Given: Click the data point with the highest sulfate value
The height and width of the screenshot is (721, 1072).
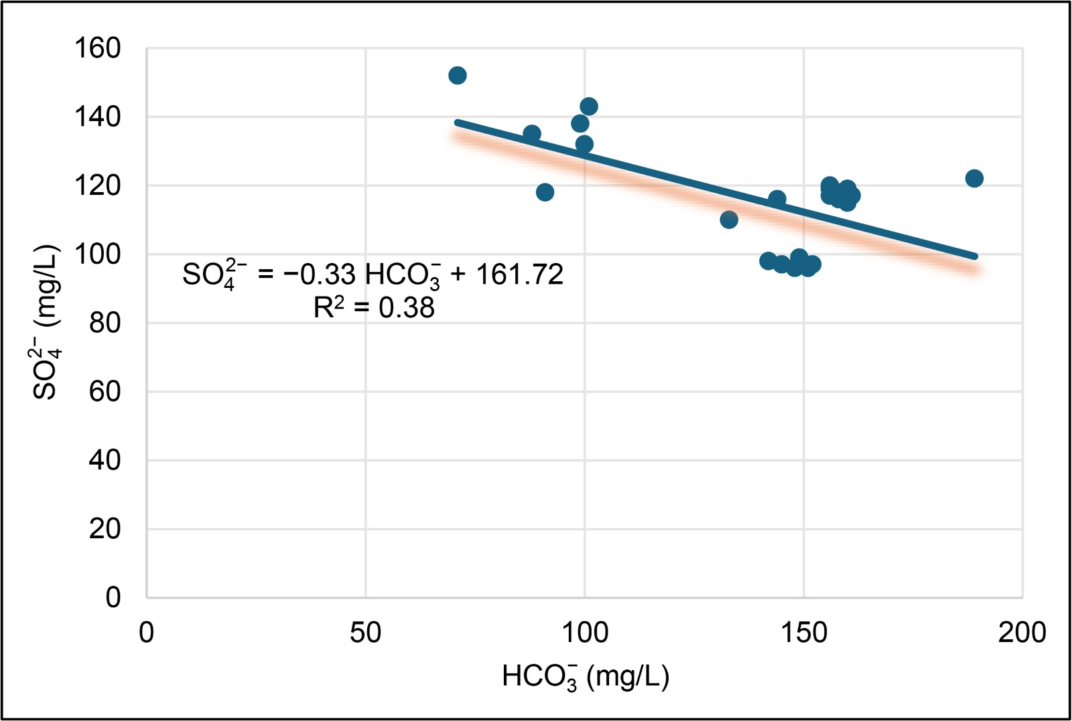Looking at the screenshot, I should (x=457, y=76).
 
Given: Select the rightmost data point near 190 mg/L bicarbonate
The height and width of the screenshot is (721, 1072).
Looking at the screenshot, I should (x=974, y=178).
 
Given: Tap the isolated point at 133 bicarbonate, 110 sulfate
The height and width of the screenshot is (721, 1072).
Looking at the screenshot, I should (x=729, y=220).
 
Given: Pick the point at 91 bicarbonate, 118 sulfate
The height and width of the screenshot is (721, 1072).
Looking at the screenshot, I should (x=545, y=192).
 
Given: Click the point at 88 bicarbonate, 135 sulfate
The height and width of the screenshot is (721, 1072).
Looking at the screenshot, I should (x=532, y=134).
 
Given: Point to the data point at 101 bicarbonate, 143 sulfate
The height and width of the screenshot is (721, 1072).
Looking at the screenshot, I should (x=589, y=106).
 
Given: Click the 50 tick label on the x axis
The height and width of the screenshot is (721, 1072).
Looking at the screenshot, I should (x=365, y=633).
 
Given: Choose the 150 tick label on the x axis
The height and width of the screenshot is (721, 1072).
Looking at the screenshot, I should (x=803, y=633).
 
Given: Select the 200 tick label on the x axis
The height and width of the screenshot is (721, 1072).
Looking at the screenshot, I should (x=1022, y=633).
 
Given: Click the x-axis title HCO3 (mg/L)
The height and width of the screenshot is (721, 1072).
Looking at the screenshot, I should (x=585, y=677).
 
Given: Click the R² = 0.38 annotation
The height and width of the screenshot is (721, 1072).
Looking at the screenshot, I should (x=374, y=308).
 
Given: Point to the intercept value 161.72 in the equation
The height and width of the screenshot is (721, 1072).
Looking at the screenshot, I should (x=519, y=274).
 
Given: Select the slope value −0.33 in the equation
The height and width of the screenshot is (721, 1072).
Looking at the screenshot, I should (x=320, y=274).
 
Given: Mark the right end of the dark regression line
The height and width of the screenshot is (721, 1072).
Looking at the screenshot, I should (x=976, y=256).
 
